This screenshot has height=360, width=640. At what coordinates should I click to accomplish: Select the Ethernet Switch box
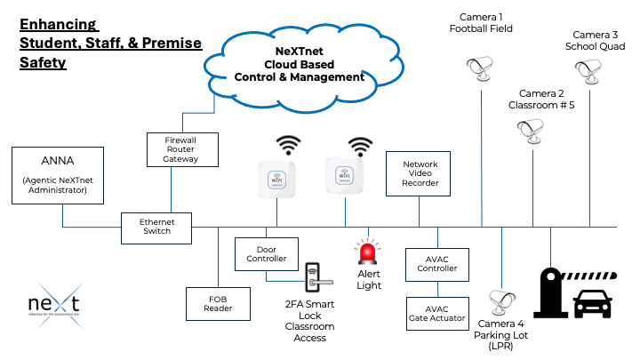tap(156, 228)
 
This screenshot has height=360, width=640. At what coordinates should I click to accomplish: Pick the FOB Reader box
tap(218, 302)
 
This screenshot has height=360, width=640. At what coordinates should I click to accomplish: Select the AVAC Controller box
tap(436, 263)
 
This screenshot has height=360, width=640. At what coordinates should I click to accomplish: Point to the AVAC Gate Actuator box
tap(436, 312)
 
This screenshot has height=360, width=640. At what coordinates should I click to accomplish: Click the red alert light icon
tap(368, 253)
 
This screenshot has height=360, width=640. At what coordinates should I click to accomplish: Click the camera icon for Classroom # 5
tap(532, 130)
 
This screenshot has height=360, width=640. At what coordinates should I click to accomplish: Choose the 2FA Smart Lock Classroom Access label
tap(312, 321)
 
